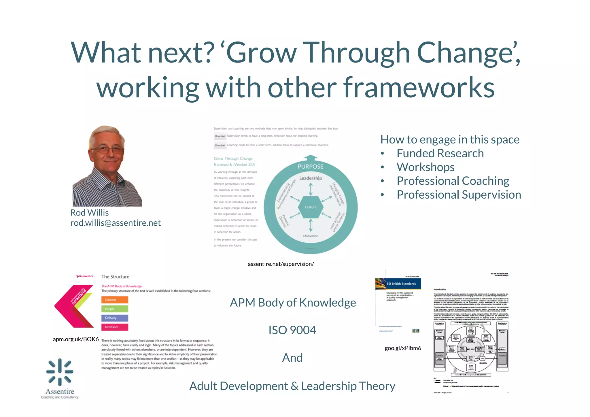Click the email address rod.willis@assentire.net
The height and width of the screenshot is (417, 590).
click(x=116, y=223)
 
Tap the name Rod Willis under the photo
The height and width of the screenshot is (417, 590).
click(x=90, y=213)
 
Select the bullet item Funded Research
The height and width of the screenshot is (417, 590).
click(x=440, y=153)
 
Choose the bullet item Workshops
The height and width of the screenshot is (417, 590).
click(x=426, y=167)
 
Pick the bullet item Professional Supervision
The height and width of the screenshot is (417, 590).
click(x=459, y=195)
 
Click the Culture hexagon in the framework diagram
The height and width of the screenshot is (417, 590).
click(x=311, y=207)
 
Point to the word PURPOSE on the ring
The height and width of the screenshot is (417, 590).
click(x=311, y=167)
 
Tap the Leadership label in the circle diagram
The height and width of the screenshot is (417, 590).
click(x=311, y=178)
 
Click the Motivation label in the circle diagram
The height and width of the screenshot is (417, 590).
click(x=311, y=236)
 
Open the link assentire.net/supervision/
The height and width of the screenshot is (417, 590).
click(x=281, y=264)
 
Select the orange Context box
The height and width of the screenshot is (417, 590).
click(x=115, y=300)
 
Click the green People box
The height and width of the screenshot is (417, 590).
click(x=115, y=309)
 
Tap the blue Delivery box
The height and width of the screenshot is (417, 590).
click(x=115, y=318)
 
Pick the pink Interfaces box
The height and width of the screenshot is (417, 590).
click(x=115, y=327)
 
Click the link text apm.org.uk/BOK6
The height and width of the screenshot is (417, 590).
click(x=76, y=339)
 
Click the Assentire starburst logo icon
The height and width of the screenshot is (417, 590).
click(x=60, y=372)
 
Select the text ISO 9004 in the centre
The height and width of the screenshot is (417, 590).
click(x=292, y=330)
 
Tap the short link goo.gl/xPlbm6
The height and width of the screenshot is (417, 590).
click(x=403, y=348)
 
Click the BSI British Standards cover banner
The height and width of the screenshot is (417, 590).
click(x=398, y=284)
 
